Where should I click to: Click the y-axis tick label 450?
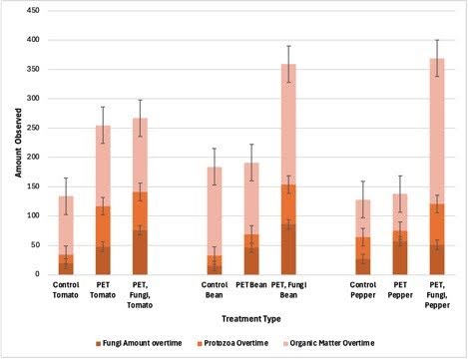click(x=33, y=11)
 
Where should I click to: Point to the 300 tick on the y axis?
click(x=33, y=99)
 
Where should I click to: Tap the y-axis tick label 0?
click(x=37, y=274)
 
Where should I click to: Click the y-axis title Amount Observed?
click(x=18, y=143)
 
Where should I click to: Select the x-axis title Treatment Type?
click(x=251, y=319)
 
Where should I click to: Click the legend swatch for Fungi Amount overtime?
click(x=98, y=344)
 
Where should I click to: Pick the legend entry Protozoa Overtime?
click(x=233, y=343)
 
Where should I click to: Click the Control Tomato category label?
click(x=66, y=290)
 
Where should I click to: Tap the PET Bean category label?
click(x=251, y=285)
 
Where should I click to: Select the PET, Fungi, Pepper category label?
click(x=437, y=295)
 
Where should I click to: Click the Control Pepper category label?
click(x=363, y=290)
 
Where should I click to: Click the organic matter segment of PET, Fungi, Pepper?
click(x=437, y=132)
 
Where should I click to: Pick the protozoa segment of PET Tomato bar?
click(x=103, y=226)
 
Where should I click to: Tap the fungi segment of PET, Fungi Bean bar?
click(x=288, y=249)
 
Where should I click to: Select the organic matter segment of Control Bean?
click(x=215, y=211)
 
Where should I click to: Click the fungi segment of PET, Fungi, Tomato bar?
click(x=140, y=252)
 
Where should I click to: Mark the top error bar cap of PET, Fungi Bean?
click(x=288, y=46)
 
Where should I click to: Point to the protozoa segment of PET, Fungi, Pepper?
click(x=437, y=224)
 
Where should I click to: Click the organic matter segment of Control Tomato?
click(x=66, y=225)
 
